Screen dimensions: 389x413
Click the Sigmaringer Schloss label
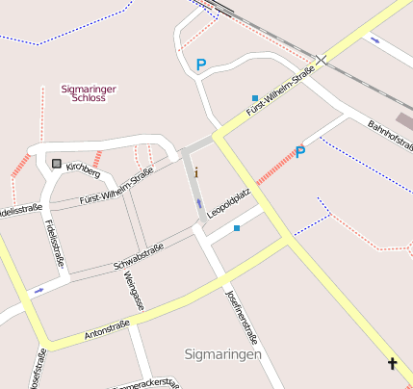point(89,93)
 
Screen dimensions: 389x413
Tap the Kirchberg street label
point(83,170)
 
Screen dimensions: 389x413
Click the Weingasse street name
point(135,292)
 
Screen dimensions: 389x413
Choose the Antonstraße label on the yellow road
point(107,331)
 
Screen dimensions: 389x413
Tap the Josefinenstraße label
point(242,317)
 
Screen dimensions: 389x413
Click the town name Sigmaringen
point(222,355)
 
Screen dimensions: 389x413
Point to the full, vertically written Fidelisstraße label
point(53,244)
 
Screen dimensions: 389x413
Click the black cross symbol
point(392,364)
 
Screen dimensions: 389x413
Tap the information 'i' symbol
point(196,172)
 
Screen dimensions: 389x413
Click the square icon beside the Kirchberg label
point(57,163)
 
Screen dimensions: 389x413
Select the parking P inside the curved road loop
point(201,65)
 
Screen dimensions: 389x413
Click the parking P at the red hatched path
point(299,152)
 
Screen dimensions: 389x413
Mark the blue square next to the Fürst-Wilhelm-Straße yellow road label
point(254,98)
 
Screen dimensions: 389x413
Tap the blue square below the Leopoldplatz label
point(237,228)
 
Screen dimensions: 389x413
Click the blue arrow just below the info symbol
point(198,204)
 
